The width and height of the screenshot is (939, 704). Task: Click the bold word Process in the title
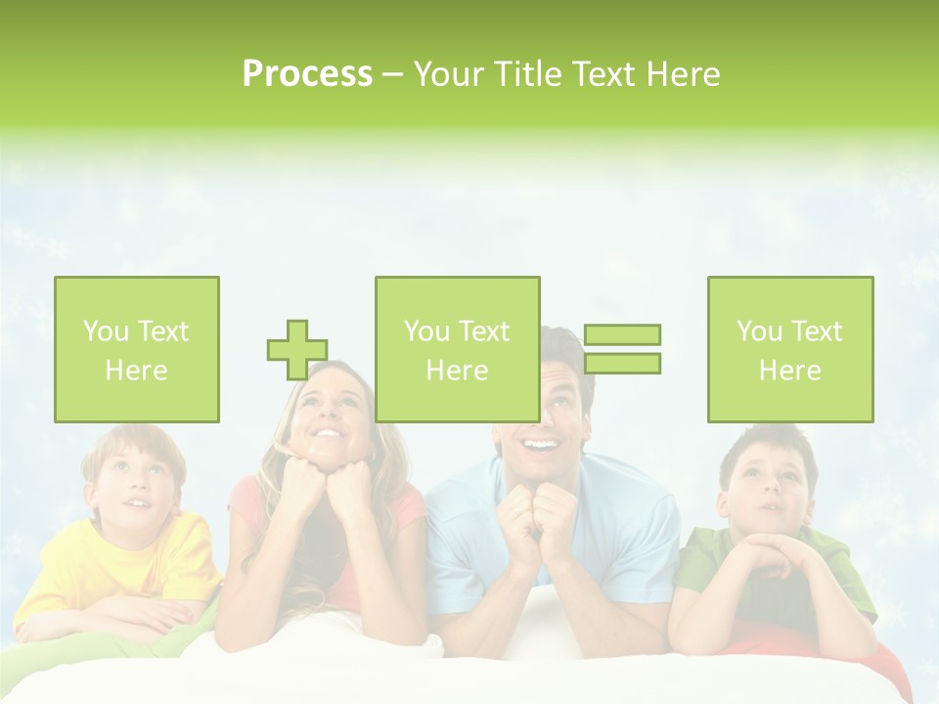pyautogui.click(x=307, y=74)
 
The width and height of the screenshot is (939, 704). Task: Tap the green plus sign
pyautogui.click(x=296, y=349)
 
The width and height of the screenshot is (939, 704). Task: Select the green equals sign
pyautogui.click(x=622, y=349)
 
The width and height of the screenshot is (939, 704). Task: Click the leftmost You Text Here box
pyautogui.click(x=137, y=349)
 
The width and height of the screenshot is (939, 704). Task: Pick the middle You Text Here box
pyautogui.click(x=457, y=349)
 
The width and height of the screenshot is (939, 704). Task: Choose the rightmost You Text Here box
pyautogui.click(x=790, y=349)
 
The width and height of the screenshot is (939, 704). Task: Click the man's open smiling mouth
pyautogui.click(x=540, y=446)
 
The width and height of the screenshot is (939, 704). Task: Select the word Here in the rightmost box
pyautogui.click(x=790, y=371)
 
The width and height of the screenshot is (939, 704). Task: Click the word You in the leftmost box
pyautogui.click(x=106, y=331)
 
